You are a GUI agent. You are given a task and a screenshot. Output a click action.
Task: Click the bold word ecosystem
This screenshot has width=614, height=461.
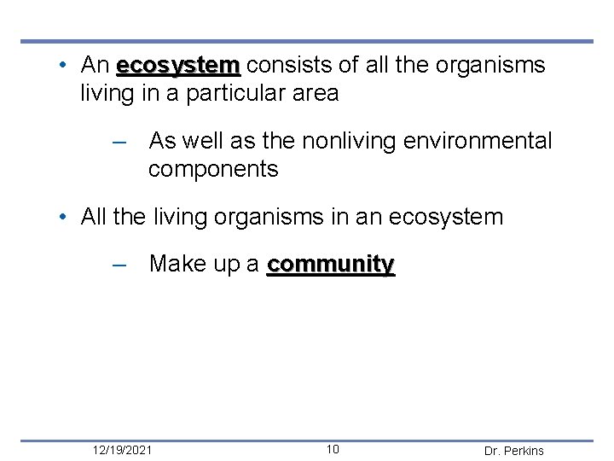tap(178, 66)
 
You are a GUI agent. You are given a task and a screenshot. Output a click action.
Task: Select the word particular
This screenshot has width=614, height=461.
tap(243, 93)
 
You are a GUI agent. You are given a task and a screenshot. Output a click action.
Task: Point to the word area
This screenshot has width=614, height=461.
tap(316, 93)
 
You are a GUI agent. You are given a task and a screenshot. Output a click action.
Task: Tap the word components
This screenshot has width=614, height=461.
tap(213, 169)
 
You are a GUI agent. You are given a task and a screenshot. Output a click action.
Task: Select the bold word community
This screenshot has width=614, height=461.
tap(331, 265)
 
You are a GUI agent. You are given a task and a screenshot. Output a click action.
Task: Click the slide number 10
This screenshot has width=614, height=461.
tap(333, 450)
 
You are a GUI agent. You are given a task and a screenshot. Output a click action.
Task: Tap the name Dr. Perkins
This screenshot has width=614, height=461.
tap(513, 451)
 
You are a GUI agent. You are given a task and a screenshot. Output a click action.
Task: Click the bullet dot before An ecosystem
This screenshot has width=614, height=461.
tap(64, 66)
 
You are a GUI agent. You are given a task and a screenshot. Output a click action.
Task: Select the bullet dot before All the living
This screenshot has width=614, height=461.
tap(64, 217)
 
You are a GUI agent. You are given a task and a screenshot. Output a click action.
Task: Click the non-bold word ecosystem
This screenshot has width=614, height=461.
tap(445, 217)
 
